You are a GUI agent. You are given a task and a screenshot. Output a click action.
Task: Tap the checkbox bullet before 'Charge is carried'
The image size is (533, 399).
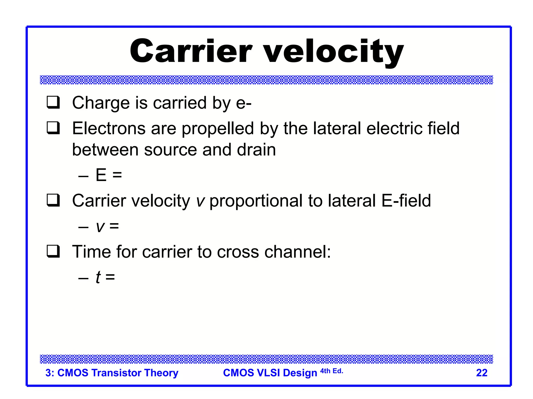tap(53, 102)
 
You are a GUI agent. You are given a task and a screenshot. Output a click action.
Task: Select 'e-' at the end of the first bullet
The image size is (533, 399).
tap(244, 103)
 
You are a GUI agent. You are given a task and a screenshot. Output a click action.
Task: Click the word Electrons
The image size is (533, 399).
tap(109, 128)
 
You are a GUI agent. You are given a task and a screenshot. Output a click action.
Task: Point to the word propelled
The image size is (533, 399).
tap(218, 129)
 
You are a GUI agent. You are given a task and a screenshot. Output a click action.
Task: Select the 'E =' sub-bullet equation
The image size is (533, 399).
tap(109, 175)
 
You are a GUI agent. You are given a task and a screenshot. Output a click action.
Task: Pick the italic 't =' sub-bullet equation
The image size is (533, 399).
tap(105, 277)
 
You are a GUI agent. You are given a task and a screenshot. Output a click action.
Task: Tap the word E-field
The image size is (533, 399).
tap(406, 201)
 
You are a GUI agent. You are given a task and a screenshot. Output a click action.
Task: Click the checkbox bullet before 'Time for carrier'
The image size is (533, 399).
tap(53, 251)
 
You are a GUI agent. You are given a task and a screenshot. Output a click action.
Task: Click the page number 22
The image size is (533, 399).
tap(481, 373)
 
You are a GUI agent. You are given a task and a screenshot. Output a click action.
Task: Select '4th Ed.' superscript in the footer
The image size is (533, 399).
tap(332, 371)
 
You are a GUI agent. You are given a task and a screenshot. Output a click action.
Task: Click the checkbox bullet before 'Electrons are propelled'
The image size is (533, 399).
tap(53, 128)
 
